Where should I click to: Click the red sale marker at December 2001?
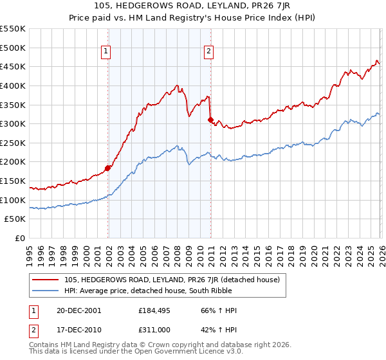(x=108, y=168)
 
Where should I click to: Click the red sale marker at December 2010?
(x=210, y=120)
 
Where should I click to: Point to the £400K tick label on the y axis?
(x=13, y=85)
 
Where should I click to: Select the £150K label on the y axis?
(x=13, y=181)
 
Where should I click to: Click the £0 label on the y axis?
(x=19, y=238)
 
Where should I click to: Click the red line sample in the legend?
(x=46, y=280)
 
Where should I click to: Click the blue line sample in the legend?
(x=46, y=291)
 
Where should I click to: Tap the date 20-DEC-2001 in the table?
(x=78, y=310)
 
